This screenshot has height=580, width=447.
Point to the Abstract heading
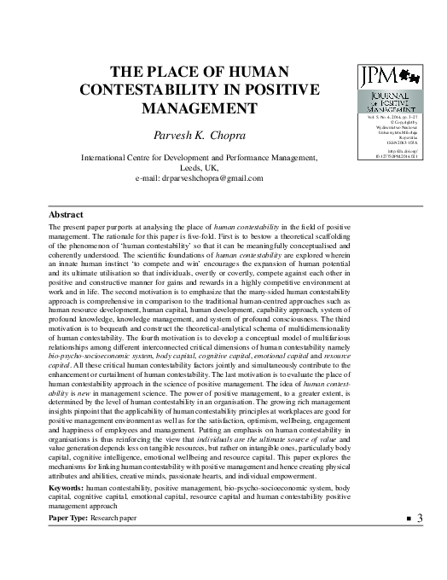coord(67,215)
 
